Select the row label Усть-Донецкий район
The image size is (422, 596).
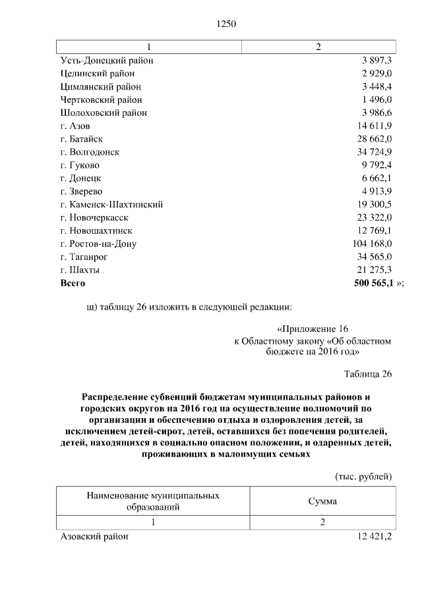point(106,60)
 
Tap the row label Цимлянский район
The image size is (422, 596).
point(100,86)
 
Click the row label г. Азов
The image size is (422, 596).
point(75,126)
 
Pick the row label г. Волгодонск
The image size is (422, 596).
point(90,152)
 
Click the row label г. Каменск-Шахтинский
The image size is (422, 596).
point(111,204)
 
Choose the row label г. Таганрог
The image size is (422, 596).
point(84,257)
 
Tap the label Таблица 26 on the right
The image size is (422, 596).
point(368,374)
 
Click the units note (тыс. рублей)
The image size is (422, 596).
point(363,476)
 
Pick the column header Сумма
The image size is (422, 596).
point(322,501)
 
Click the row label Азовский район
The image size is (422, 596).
point(94,537)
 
